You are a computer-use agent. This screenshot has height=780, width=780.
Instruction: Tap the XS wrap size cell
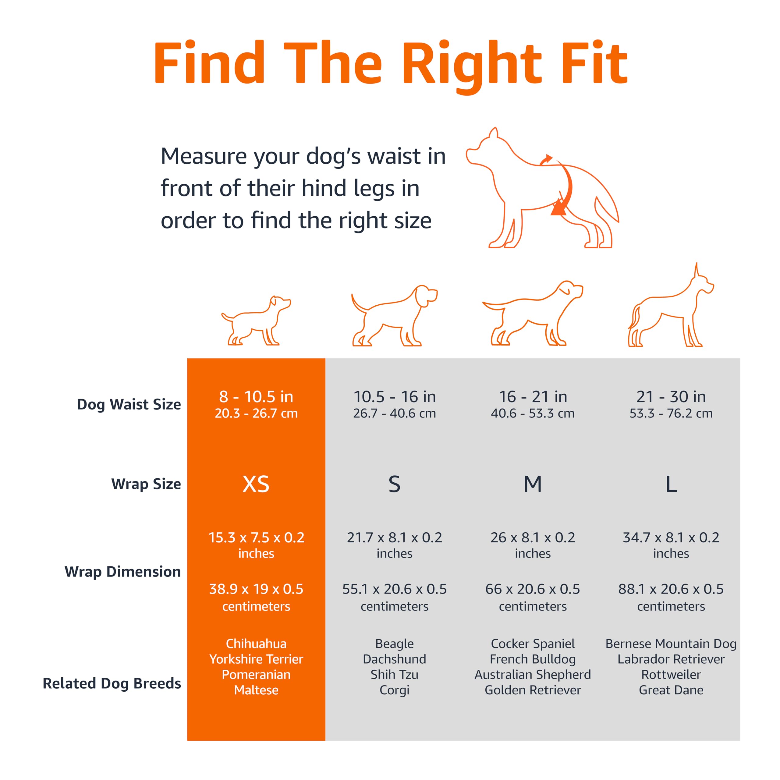[x=256, y=484]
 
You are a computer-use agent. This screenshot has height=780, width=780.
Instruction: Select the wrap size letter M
[x=533, y=484]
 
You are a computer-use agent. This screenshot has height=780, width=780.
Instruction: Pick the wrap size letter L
[x=671, y=484]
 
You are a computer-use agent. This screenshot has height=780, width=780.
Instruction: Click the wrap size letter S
[x=395, y=484]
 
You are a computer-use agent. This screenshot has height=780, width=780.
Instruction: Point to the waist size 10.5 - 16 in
[x=395, y=397]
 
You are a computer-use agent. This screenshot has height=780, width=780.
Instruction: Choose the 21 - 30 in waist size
[x=671, y=397]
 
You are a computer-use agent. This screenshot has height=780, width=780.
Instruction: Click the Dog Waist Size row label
[x=129, y=404]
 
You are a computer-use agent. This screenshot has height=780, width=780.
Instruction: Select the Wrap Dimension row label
[x=123, y=572]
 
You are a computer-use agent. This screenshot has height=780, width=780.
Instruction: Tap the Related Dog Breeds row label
[x=112, y=683]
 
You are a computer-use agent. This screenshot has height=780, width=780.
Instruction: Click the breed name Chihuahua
[x=256, y=643]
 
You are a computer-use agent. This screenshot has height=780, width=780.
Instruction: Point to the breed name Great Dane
[x=671, y=690]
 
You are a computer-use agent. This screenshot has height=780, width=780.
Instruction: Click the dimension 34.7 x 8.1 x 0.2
[x=671, y=537]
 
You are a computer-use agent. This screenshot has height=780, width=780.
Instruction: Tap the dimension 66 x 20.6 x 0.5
[x=533, y=589]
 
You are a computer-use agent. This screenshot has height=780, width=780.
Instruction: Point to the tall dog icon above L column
[x=670, y=309]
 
